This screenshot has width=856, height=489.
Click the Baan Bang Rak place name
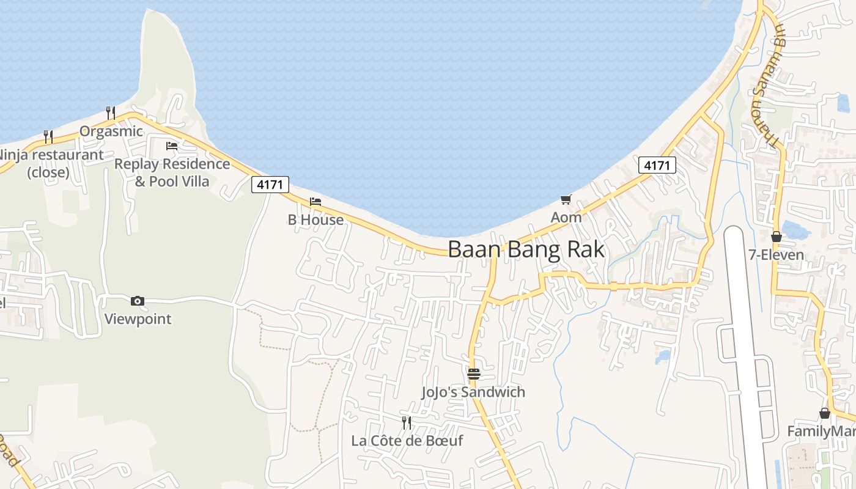(526, 250)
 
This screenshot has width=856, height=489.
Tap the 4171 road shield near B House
(270, 185)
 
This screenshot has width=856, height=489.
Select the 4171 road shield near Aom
(658, 165)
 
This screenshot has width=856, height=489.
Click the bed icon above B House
(315, 201)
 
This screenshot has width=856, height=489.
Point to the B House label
(315, 219)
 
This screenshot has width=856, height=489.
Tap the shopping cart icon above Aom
(566, 199)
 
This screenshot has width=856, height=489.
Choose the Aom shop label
(566, 217)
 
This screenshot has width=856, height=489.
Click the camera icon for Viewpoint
(138, 301)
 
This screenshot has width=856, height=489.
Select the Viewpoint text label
(138, 319)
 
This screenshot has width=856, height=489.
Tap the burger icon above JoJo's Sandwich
(474, 373)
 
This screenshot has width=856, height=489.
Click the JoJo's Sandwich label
(473, 392)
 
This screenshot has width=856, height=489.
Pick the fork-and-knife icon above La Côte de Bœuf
(406, 422)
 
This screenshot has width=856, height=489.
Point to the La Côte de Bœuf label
(407, 441)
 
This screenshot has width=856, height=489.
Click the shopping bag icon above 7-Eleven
(777, 237)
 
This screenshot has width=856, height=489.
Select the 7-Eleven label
(777, 255)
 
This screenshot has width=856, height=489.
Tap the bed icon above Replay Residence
(172, 146)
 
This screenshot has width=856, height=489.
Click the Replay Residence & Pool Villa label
(172, 173)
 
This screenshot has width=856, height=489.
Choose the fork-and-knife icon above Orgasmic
(111, 112)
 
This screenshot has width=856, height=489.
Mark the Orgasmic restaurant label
(111, 131)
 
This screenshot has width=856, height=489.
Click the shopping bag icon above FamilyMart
(825, 413)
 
